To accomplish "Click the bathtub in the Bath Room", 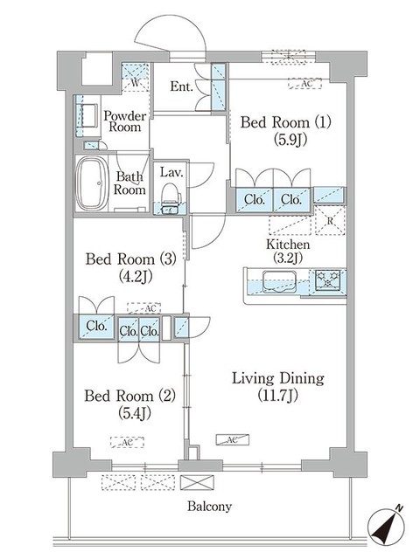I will pos(90,183).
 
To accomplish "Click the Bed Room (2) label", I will pos(129,404).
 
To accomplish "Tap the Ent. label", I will pos(181,86).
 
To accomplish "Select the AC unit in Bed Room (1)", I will pos(306,83).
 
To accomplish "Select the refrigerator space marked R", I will pos(330,221).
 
